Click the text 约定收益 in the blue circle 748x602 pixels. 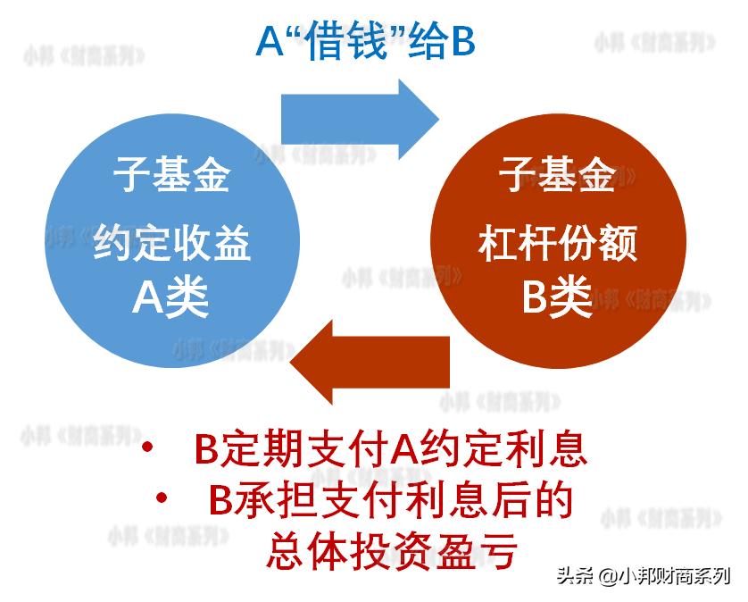pos(171,241)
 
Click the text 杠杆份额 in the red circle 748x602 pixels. pos(557,241)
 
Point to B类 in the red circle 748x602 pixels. pos(557,297)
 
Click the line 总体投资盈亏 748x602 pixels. pos(390,551)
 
